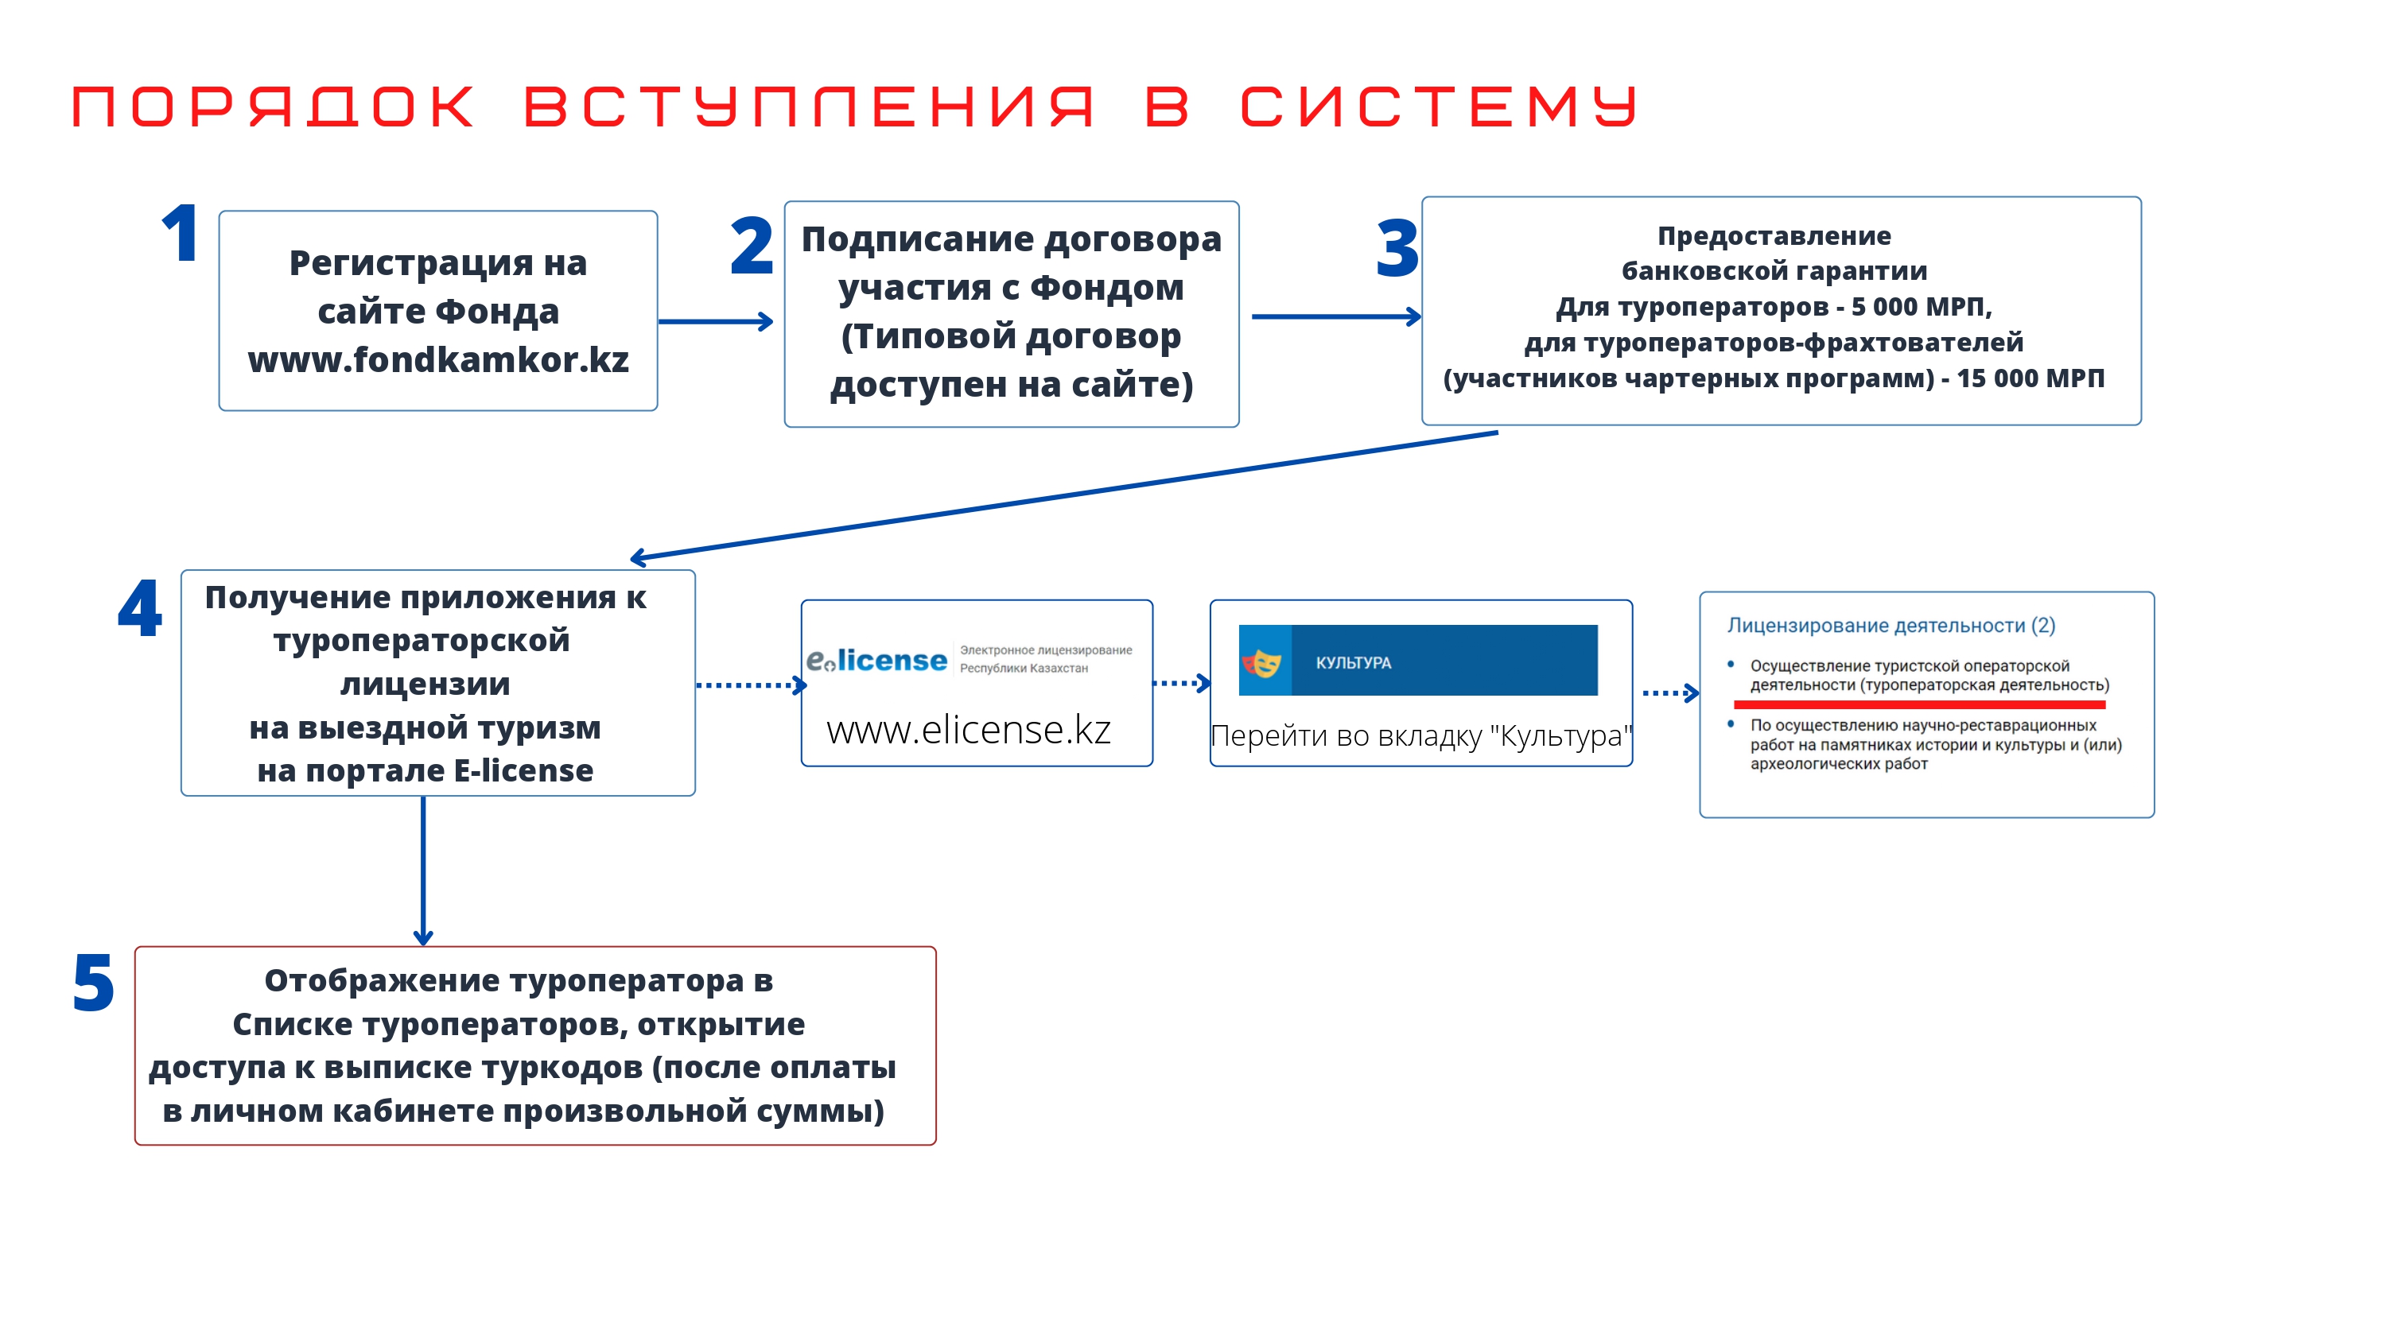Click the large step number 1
click(181, 234)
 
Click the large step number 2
click(751, 246)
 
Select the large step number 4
click(140, 607)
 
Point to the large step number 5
click(94, 983)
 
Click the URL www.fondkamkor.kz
click(438, 359)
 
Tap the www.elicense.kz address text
click(968, 730)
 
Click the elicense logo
click(876, 659)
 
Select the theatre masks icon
click(1261, 662)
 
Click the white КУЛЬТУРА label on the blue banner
click(1353, 663)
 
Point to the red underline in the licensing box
click(1919, 705)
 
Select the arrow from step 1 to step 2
click(715, 321)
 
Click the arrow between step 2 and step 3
click(1337, 316)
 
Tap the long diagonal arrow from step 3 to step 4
click(1063, 495)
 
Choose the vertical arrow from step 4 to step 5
click(423, 871)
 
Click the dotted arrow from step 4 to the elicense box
click(751, 685)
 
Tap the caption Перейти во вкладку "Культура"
click(1420, 735)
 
